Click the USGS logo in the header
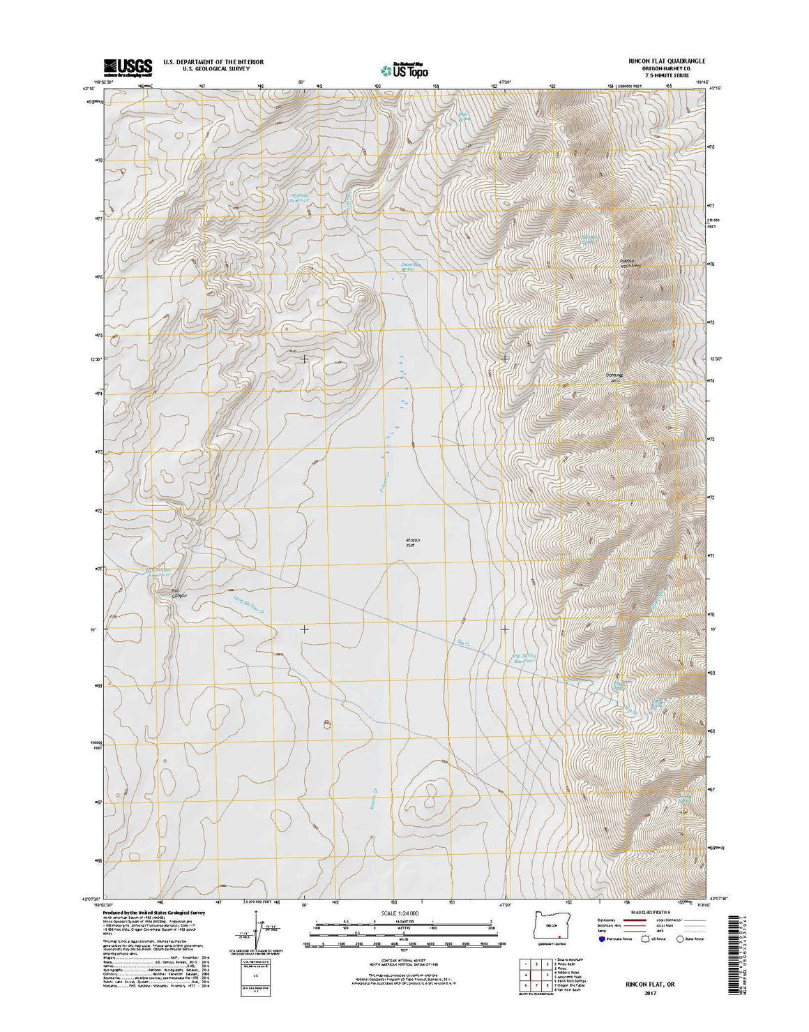tap(128, 67)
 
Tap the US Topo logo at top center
tap(404, 69)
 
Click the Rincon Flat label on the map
tap(413, 543)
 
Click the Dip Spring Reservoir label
tap(524, 658)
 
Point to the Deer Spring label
tap(463, 117)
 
